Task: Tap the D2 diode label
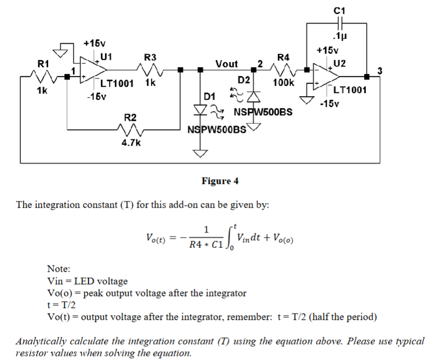244,81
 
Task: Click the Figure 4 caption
220,181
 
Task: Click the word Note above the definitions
58,269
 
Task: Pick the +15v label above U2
328,51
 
